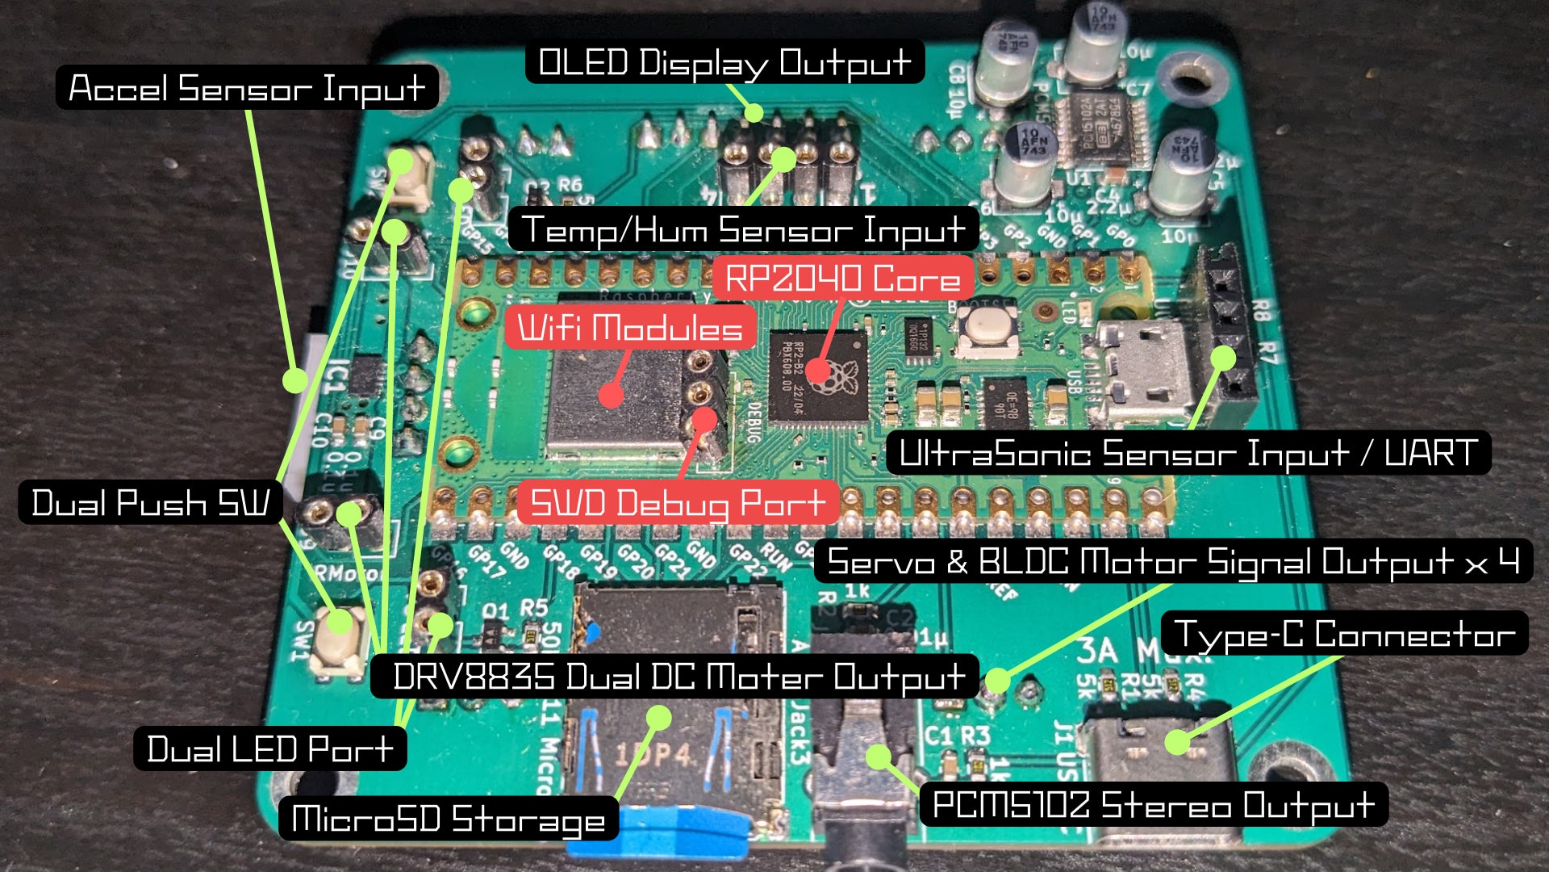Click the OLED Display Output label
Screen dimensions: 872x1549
tap(724, 62)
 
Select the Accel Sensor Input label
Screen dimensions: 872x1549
tap(247, 88)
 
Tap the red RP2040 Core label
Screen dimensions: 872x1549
tap(843, 278)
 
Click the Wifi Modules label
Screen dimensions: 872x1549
tap(630, 327)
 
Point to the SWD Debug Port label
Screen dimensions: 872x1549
tap(678, 502)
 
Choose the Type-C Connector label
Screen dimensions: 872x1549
tap(1344, 634)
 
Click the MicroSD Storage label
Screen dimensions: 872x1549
tap(449, 818)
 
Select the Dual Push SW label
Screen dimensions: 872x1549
tap(150, 502)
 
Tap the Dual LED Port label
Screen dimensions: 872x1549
tap(269, 748)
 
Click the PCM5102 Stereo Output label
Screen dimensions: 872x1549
tap(1154, 804)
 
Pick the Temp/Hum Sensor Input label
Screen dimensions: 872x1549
tap(743, 229)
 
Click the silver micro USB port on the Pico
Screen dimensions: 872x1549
tap(1146, 371)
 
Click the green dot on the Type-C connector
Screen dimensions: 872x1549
tap(1177, 741)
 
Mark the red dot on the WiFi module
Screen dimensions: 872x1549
tap(612, 395)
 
